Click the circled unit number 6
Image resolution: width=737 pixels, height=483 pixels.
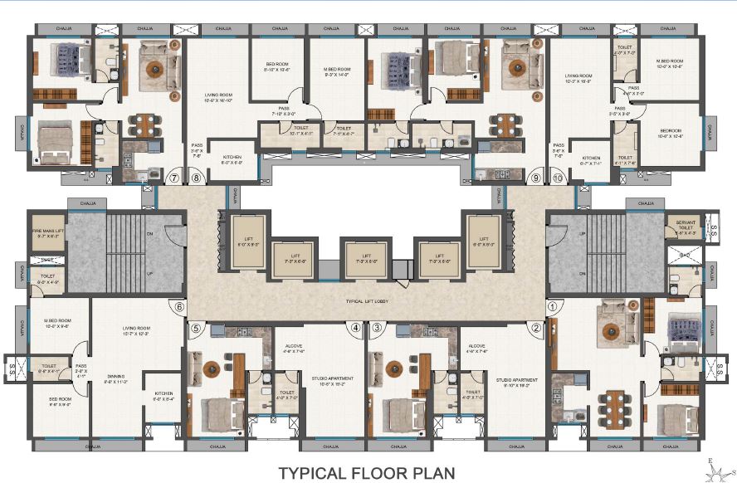(179, 305)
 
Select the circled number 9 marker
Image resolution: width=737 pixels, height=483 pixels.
(536, 177)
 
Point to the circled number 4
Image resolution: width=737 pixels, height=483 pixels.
(355, 327)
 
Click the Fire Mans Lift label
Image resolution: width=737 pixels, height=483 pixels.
(47, 234)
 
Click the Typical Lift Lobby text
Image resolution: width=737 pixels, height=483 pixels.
(368, 300)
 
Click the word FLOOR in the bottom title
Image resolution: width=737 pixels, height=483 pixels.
(368, 473)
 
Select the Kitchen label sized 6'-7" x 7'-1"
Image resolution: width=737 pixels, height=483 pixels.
(591, 161)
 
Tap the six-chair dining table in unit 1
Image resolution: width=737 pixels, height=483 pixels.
(615, 406)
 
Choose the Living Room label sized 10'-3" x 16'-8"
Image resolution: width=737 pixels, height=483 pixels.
(575, 77)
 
